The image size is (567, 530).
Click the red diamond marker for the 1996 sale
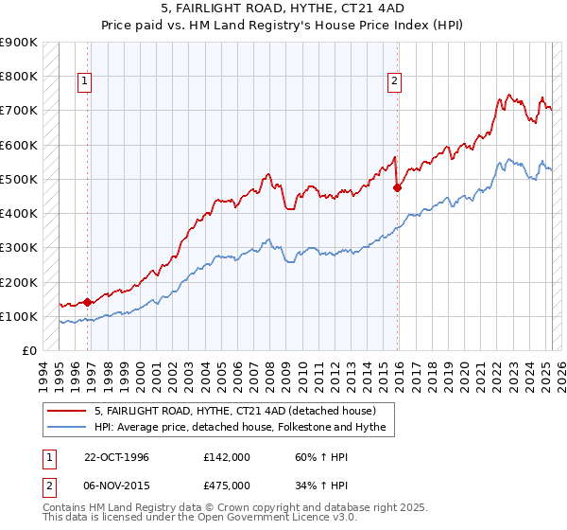tap(88, 303)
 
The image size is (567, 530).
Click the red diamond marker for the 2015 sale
tap(397, 187)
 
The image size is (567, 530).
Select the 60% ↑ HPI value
tap(318, 457)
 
